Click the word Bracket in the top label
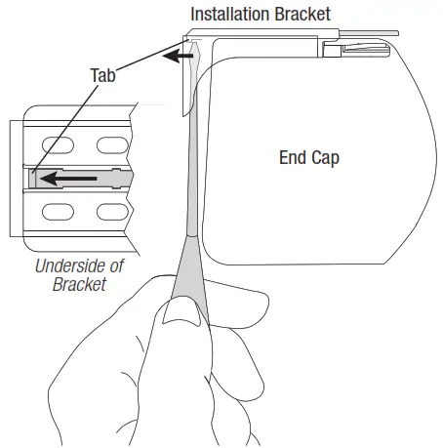click(x=302, y=14)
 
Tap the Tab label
click(x=102, y=75)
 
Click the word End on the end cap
click(x=293, y=157)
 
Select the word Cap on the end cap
click(x=325, y=158)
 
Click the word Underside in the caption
click(x=70, y=266)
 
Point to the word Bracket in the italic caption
click(x=79, y=284)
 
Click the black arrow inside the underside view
click(x=68, y=179)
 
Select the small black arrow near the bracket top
click(x=178, y=56)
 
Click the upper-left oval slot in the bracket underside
click(x=58, y=145)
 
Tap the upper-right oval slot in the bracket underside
click(x=112, y=145)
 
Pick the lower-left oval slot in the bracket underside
click(x=58, y=212)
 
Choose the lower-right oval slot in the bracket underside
click(x=112, y=212)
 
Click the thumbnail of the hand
click(x=181, y=312)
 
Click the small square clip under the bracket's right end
click(x=332, y=52)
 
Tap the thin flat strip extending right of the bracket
click(x=369, y=33)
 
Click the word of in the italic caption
click(x=116, y=266)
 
